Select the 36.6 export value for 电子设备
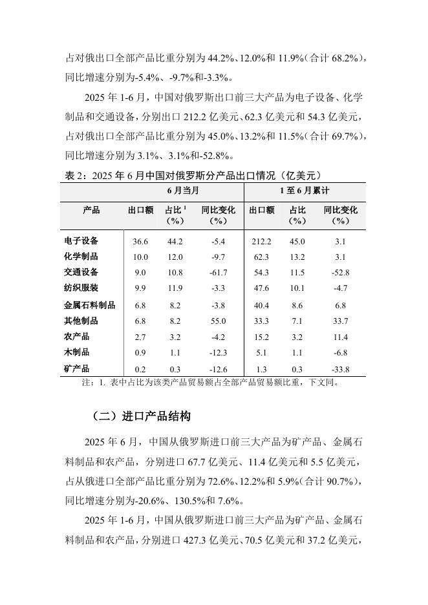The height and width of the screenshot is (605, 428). [140, 241]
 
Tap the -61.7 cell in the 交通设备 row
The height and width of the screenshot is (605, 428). [218, 272]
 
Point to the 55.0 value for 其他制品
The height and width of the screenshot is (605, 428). [218, 321]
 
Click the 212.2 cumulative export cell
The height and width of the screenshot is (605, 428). [260, 241]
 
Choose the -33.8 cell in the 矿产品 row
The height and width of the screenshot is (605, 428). [340, 369]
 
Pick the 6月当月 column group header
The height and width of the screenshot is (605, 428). [183, 191]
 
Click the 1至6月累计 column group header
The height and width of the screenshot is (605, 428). [304, 191]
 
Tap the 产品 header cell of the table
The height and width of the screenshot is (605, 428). [91, 210]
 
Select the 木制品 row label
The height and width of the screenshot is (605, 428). [77, 353]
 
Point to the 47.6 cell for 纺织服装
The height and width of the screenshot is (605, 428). [260, 288]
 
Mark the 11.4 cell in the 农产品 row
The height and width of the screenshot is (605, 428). [340, 337]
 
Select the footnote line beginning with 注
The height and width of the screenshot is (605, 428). [210, 382]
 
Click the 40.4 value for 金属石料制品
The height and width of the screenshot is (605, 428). [260, 304]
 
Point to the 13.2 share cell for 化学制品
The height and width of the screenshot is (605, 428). [297, 257]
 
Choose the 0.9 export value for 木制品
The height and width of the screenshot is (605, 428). [140, 353]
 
